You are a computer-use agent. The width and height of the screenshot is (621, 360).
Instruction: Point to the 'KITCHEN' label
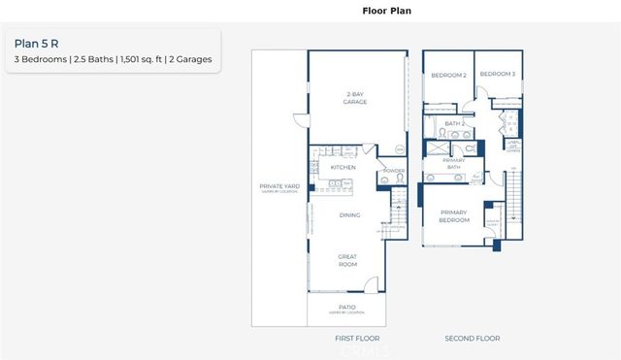[x=343, y=167]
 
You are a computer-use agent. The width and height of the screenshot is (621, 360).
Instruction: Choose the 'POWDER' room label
[x=393, y=172]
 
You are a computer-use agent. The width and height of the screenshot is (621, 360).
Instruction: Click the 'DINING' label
[x=349, y=215]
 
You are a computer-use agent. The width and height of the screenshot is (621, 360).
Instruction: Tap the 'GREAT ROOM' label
[x=347, y=261]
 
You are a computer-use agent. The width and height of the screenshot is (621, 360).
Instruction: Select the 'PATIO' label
[x=346, y=307]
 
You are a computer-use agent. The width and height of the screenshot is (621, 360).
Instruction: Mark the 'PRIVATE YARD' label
[x=278, y=186]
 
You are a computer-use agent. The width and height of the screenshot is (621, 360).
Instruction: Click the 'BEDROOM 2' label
[x=449, y=75]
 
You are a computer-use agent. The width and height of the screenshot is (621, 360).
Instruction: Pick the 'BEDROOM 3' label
[x=497, y=75]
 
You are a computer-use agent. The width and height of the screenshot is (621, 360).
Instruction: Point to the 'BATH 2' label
[x=455, y=123]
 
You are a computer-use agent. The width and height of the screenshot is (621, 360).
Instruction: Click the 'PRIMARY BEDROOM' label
[x=454, y=215]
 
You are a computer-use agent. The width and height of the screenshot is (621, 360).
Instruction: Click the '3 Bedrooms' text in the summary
[x=42, y=60]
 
